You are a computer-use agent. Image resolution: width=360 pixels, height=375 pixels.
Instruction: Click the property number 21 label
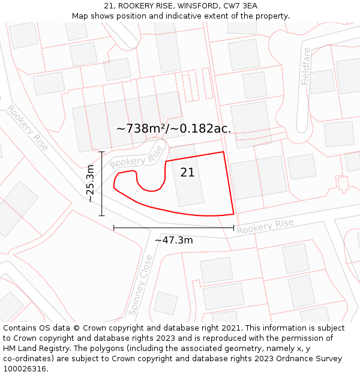click(187, 172)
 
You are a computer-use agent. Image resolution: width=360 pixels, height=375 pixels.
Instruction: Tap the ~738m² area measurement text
click(142, 128)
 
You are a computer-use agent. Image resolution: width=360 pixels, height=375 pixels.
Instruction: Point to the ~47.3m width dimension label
click(174, 240)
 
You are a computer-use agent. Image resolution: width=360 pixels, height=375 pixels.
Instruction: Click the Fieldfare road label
click(306, 66)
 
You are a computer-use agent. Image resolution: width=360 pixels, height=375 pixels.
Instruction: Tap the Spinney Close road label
click(142, 284)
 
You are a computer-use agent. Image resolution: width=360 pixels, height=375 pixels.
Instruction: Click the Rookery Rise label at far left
click(28, 128)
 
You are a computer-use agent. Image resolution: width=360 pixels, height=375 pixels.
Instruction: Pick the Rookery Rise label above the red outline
click(137, 157)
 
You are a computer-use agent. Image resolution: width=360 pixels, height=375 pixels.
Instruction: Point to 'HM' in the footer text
click(10, 349)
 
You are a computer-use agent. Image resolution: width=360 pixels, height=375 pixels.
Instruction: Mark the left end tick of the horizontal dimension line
click(114, 227)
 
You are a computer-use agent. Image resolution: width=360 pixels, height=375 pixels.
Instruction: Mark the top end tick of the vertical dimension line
click(102, 152)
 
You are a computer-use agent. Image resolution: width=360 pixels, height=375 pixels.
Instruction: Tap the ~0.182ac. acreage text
click(202, 128)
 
